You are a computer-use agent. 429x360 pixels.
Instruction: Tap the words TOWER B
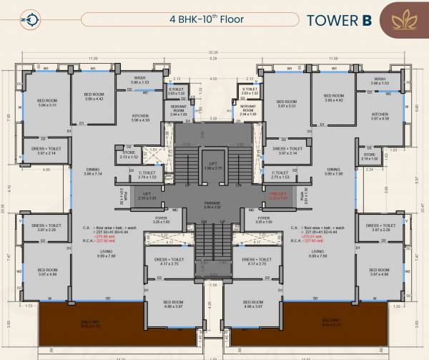click(x=339, y=20)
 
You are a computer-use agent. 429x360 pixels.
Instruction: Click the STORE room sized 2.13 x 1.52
click(x=129, y=154)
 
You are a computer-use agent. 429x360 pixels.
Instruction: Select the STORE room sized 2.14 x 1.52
click(x=370, y=156)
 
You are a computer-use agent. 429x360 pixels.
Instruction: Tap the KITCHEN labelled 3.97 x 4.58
click(x=380, y=116)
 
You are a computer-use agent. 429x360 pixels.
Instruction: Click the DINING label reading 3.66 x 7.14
click(x=92, y=172)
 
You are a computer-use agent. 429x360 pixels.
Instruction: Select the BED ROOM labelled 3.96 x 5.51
click(x=47, y=103)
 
